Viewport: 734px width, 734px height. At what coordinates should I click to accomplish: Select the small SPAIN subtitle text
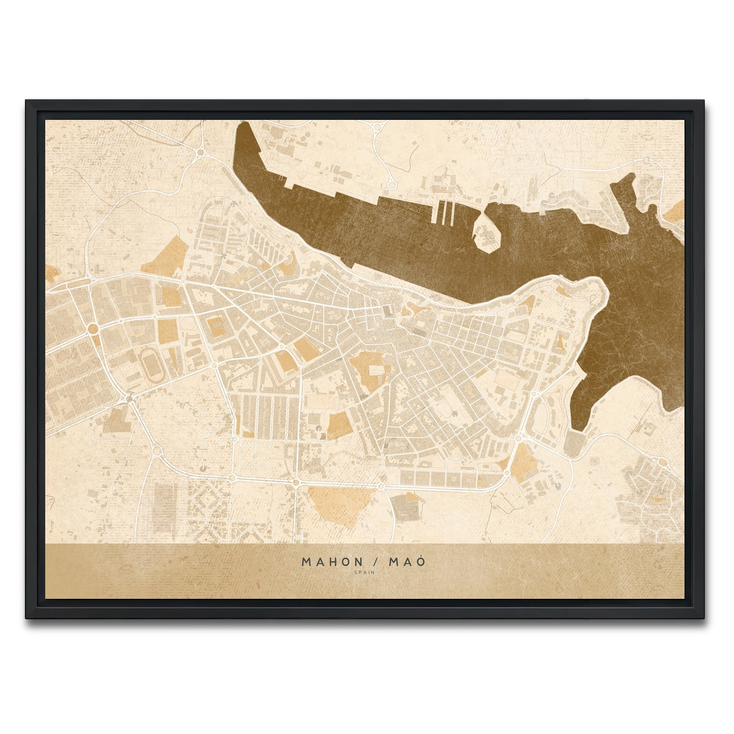coord(365,573)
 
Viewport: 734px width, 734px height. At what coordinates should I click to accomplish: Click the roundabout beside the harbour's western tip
coord(200,152)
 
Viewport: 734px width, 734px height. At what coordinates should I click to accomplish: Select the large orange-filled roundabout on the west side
coord(93,329)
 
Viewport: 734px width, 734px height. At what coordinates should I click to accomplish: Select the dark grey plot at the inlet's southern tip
coord(574,443)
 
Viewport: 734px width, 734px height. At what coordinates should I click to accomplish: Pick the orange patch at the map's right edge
coord(677,212)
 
